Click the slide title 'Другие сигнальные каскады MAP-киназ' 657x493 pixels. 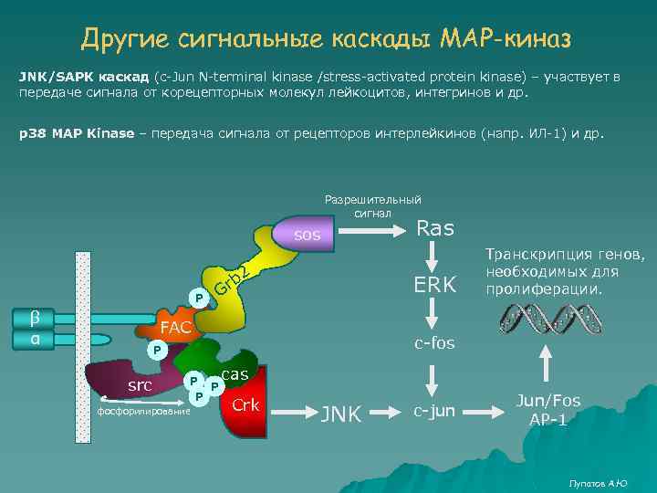tap(326, 38)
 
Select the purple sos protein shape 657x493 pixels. tap(307, 235)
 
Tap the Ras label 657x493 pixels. tap(434, 229)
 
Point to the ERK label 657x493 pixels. tap(434, 285)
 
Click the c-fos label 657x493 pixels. tap(434, 343)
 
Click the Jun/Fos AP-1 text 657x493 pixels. tap(547, 410)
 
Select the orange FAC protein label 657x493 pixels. tap(175, 327)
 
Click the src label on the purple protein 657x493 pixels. tap(140, 385)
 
